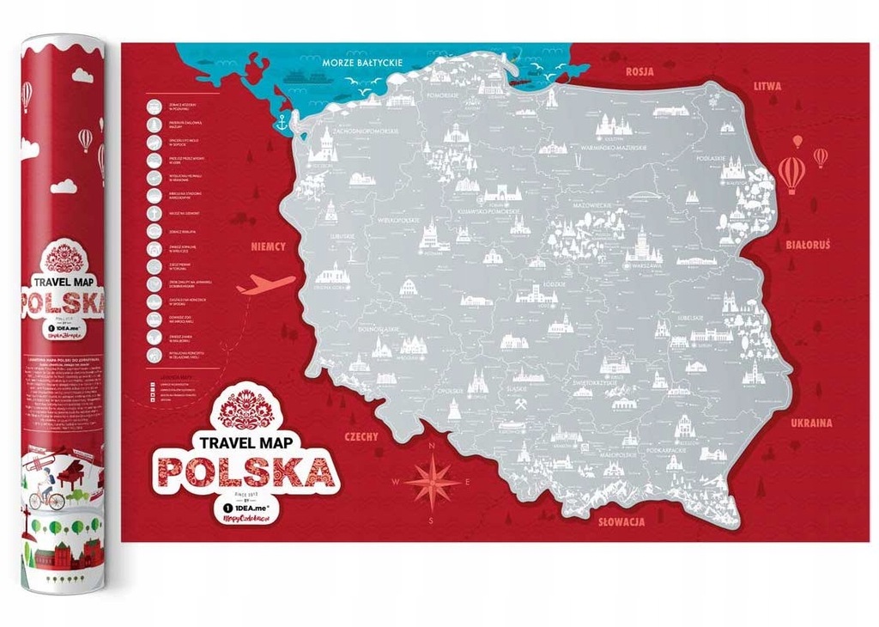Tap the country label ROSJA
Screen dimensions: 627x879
(641, 71)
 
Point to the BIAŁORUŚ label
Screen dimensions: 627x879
(808, 245)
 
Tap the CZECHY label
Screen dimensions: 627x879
(361, 436)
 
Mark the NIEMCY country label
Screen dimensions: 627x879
(268, 247)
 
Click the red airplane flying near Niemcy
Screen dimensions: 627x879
(266, 284)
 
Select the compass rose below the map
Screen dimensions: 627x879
(433, 482)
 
